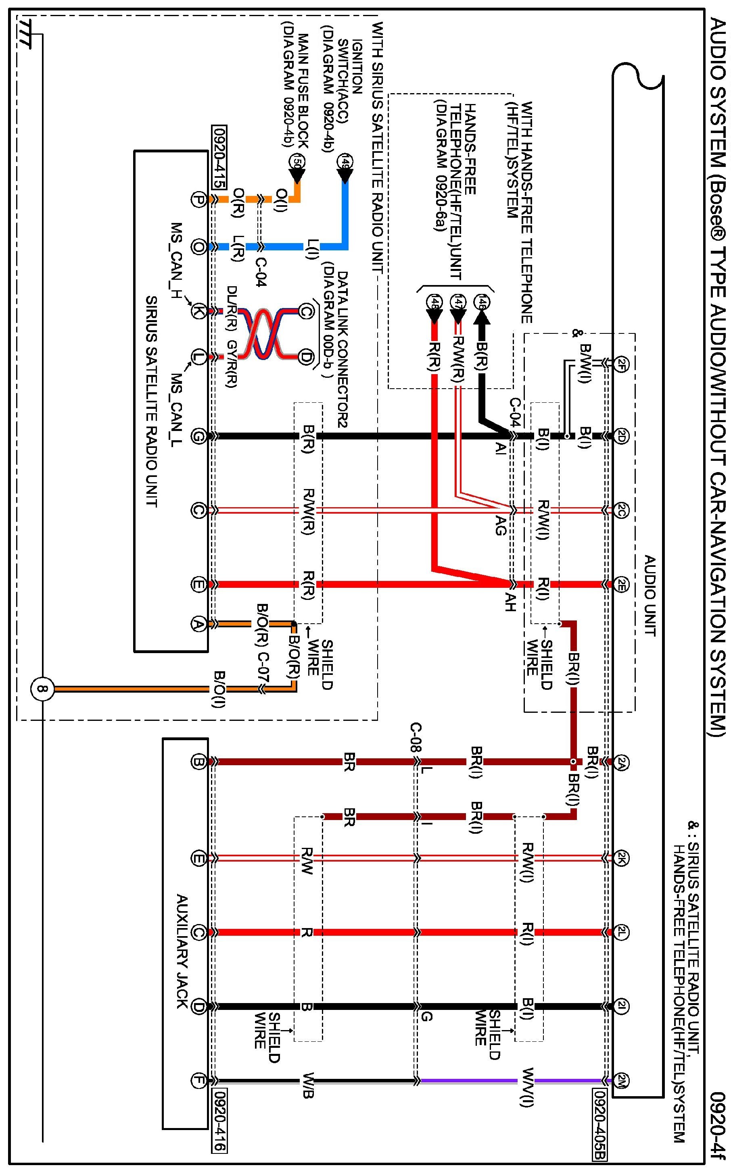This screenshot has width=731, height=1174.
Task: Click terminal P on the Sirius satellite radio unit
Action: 198,200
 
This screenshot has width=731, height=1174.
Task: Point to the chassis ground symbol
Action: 25,34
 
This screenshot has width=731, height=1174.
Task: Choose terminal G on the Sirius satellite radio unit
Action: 198,436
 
